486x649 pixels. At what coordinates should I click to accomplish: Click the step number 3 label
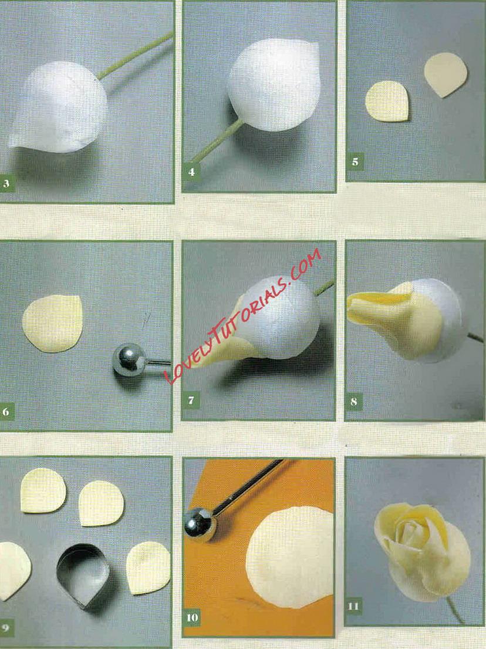(x=6, y=184)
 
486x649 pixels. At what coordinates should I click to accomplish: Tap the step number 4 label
(x=191, y=172)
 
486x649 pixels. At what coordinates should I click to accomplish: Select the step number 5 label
(x=355, y=162)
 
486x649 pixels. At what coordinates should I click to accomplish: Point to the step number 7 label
(x=191, y=400)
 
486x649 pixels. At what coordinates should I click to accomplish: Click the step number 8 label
(x=354, y=401)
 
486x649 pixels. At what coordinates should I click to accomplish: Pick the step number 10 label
(x=193, y=617)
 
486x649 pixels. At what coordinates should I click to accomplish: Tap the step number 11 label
(x=353, y=606)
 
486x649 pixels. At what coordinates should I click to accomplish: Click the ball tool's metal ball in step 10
(x=200, y=525)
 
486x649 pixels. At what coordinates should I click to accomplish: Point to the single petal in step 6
(x=52, y=324)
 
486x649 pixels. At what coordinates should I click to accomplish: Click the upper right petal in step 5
(x=446, y=74)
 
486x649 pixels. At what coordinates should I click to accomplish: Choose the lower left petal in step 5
(x=387, y=102)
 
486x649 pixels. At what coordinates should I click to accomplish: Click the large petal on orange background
(x=289, y=557)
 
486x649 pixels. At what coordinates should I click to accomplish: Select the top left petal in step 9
(x=43, y=490)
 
